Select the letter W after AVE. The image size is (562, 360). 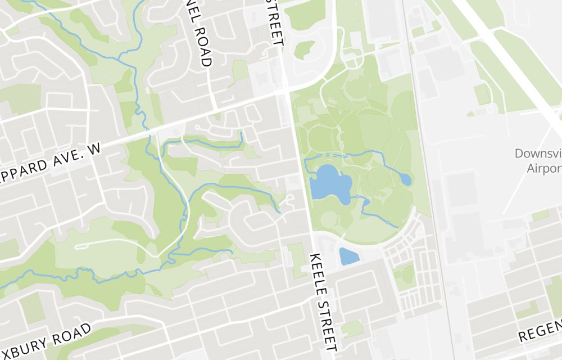coord(95,147)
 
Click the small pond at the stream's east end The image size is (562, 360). coord(405,179)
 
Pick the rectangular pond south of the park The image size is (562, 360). coord(348,256)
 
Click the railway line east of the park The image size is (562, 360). coord(427,169)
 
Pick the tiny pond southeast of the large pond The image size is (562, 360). coord(366,202)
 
